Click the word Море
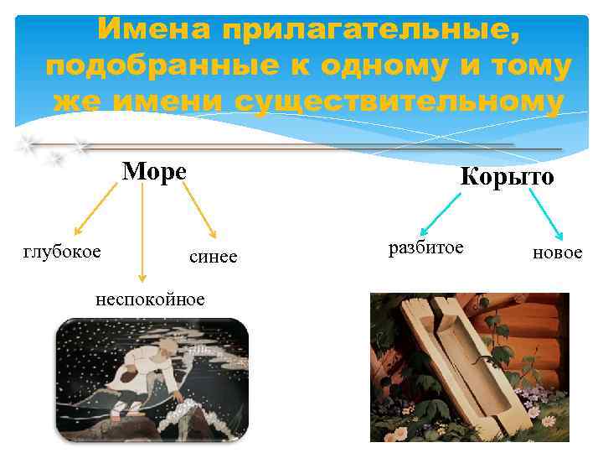154,171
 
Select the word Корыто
507,177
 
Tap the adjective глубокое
62,251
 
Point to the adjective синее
213,257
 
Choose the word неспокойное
150,299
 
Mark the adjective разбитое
425,247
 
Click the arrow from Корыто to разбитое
441,213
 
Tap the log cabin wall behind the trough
536,327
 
